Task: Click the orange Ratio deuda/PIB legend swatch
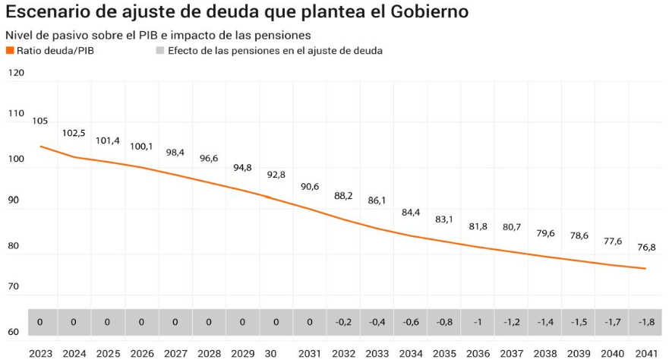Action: (10, 51)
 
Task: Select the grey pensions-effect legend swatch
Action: (160, 51)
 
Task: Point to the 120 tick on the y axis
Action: (16, 73)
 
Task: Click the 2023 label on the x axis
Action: (40, 353)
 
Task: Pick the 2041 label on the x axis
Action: (645, 353)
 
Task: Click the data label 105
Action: (40, 121)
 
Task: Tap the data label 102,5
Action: (74, 133)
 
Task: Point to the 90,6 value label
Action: (310, 186)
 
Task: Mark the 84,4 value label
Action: (411, 212)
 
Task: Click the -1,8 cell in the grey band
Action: (645, 322)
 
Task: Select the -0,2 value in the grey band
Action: (343, 322)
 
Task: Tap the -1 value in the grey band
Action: (478, 322)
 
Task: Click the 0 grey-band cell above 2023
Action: (40, 322)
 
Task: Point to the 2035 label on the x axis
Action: (444, 353)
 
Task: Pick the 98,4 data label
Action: (175, 153)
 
